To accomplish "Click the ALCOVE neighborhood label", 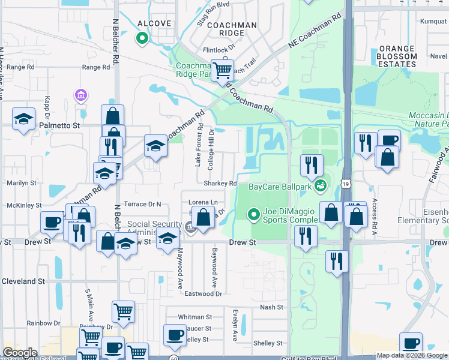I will [154, 23].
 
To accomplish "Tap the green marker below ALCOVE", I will [142, 39].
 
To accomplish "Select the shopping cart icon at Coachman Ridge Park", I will [222, 71].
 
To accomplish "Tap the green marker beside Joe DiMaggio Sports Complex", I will [254, 214].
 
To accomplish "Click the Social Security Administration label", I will [154, 229].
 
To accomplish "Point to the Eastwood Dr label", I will [203, 293].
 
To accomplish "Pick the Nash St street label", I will [271, 307].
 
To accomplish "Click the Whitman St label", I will [195, 316].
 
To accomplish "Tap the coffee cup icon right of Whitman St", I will [175, 335].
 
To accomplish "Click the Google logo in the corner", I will [20, 353].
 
